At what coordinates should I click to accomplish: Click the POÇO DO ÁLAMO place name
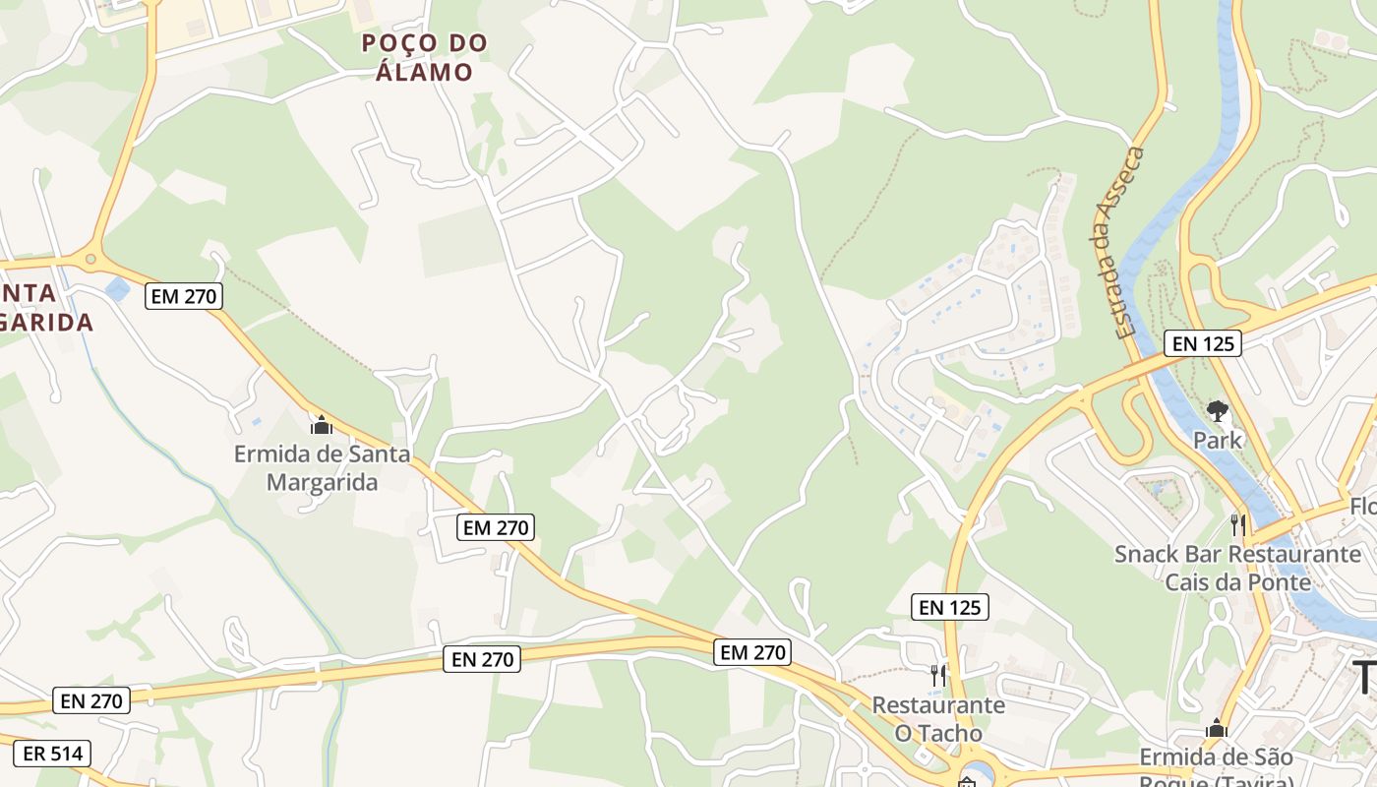tap(424, 57)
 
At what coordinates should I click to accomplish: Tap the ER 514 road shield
tap(53, 755)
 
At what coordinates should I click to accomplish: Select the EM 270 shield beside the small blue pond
tap(184, 296)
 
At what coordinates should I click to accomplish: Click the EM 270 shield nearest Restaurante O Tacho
tap(752, 651)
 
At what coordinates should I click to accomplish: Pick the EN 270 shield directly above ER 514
tap(91, 700)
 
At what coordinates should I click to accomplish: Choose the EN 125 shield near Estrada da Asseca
tap(1202, 343)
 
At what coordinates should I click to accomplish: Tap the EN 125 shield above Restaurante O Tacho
tap(950, 607)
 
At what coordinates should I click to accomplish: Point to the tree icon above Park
tap(1218, 410)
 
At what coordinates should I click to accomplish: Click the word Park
tap(1218, 440)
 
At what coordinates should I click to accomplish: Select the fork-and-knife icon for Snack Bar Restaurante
tap(1238, 525)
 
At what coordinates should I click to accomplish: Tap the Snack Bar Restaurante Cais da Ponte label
tap(1237, 568)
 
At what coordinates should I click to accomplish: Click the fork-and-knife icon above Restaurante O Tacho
tap(938, 675)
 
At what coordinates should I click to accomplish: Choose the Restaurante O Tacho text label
tap(938, 719)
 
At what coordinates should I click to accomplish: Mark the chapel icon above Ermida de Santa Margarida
tap(321, 425)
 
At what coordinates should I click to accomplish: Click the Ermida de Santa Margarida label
tap(323, 468)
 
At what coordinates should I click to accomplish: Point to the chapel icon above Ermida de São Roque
tap(1217, 728)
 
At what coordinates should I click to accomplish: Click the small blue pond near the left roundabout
tap(117, 288)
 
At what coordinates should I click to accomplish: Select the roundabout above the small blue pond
tap(90, 260)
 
